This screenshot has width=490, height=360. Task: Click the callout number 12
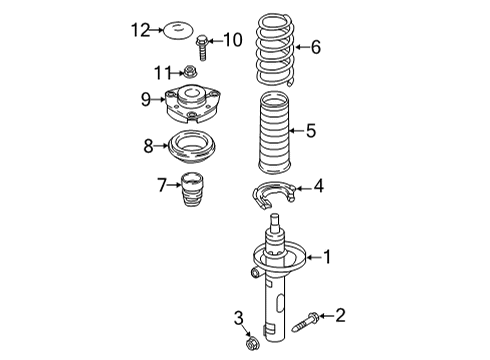coord(140,30)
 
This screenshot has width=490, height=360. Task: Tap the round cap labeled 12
coord(178,30)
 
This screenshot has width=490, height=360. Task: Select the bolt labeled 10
coord(202,48)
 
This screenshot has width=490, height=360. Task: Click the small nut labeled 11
coord(190,71)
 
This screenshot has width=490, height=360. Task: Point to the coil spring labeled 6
coord(275,50)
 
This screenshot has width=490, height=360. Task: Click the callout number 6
coord(316,47)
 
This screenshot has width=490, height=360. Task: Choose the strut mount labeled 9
coord(192,104)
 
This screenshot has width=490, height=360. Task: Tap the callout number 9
coord(146,99)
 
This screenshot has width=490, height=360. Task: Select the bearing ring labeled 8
coord(192,147)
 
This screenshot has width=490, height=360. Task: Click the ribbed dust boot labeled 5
coord(275,133)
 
